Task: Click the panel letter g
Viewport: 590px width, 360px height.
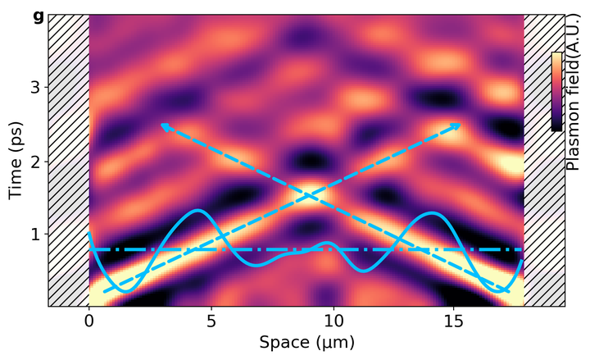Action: coord(38,15)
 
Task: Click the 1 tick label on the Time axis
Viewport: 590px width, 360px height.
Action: coord(36,235)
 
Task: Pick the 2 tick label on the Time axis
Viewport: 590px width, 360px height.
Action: coord(36,162)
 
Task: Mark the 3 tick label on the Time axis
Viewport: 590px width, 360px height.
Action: coord(36,87)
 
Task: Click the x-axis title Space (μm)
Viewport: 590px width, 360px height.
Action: coord(307,342)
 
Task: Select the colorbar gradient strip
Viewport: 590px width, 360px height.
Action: coord(556,91)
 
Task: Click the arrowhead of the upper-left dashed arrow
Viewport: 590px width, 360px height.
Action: coord(163,125)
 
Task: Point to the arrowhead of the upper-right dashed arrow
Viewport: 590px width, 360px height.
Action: coord(458,125)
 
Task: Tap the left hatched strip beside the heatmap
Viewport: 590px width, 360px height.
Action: coord(68,160)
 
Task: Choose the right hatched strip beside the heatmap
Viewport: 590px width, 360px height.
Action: coord(543,205)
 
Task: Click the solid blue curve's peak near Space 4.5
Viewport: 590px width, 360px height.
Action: coord(198,211)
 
